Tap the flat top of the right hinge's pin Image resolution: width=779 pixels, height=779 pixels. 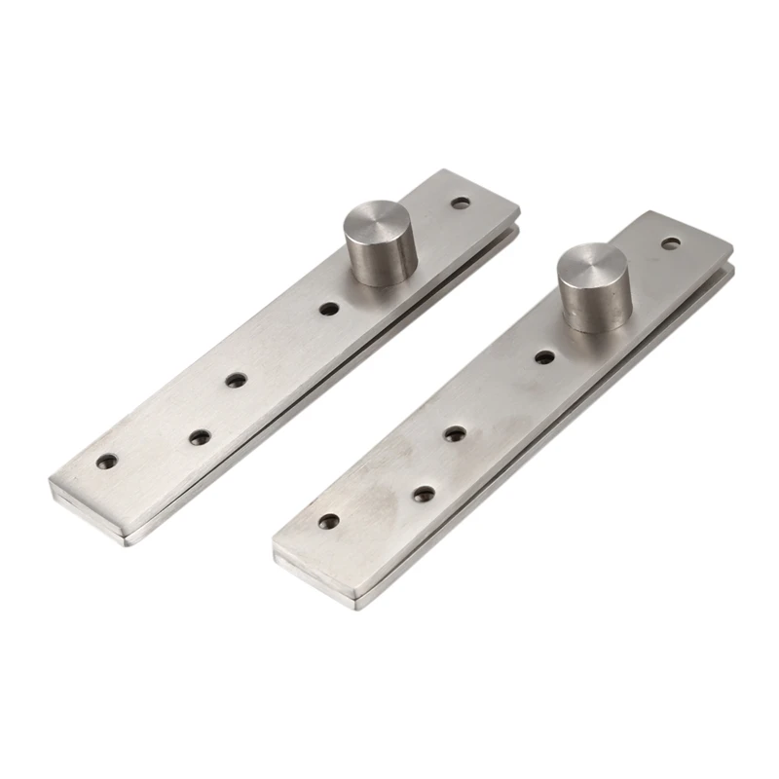pyautogui.click(x=593, y=268)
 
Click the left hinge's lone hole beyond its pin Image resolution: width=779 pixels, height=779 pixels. pyautogui.click(x=460, y=204)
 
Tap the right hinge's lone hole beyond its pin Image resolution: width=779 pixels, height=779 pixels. pyautogui.click(x=671, y=243)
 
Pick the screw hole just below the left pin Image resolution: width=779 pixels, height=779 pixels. pyautogui.click(x=329, y=309)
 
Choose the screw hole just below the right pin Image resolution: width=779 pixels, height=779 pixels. pyautogui.click(x=544, y=357)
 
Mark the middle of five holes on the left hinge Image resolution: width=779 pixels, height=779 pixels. pyautogui.click(x=235, y=379)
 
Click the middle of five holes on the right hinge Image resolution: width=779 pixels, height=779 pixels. pyautogui.click(x=454, y=433)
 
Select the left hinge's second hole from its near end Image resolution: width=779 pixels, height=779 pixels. pyautogui.click(x=199, y=437)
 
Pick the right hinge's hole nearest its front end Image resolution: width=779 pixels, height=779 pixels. pyautogui.click(x=329, y=522)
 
